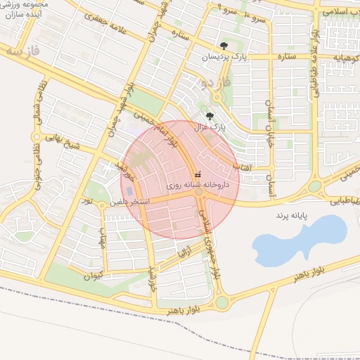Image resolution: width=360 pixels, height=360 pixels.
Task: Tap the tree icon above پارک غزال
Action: click(x=210, y=115)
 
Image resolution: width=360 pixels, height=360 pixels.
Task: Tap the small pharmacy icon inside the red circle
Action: click(x=198, y=174)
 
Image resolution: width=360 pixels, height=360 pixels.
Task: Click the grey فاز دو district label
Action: click(x=208, y=82)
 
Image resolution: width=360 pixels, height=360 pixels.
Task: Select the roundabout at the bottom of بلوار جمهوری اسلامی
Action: click(x=222, y=302)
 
